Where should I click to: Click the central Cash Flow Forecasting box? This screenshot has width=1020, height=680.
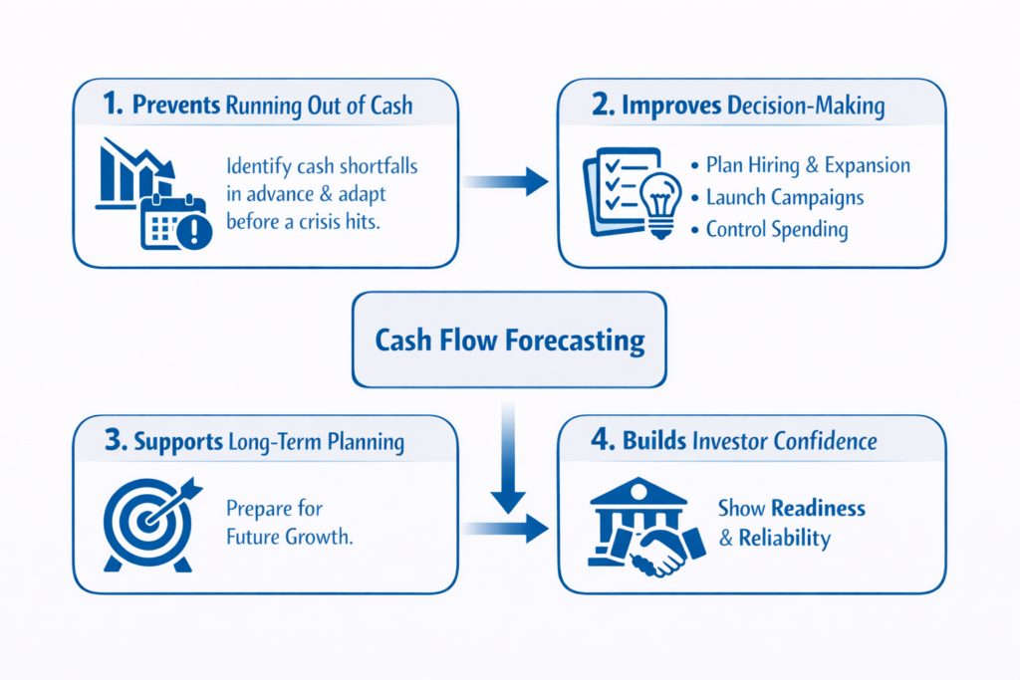(x=509, y=340)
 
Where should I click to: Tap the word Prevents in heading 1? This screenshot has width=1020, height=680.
(x=173, y=107)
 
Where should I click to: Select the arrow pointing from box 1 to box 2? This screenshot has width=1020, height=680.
(x=506, y=181)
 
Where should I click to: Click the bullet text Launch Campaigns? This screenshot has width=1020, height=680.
(x=784, y=197)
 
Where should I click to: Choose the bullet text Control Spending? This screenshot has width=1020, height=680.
(x=776, y=230)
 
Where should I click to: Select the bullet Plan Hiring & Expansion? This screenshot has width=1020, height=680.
(x=807, y=165)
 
